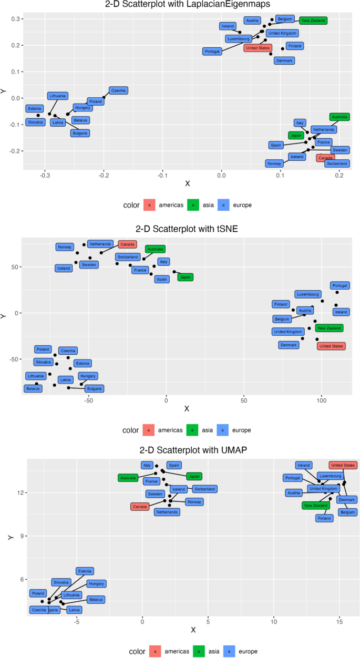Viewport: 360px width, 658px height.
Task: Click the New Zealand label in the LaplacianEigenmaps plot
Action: (x=313, y=20)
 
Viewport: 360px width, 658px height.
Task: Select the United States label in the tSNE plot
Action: (x=331, y=346)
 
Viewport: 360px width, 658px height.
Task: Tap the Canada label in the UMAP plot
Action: (x=139, y=507)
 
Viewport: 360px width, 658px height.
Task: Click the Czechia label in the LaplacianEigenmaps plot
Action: (x=118, y=90)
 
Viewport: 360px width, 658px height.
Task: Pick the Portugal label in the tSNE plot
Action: (x=340, y=285)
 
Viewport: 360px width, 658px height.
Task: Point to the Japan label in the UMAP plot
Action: (x=194, y=476)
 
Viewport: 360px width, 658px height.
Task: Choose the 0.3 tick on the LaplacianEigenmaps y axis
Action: (x=16, y=19)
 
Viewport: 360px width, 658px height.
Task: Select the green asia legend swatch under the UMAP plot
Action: (x=192, y=651)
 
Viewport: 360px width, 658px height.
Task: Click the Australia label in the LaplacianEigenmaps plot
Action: (x=340, y=117)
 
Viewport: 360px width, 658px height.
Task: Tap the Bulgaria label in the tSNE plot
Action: (x=94, y=389)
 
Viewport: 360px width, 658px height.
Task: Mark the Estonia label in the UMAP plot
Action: (x=85, y=571)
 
